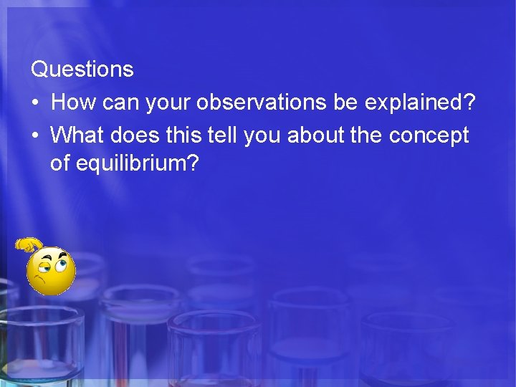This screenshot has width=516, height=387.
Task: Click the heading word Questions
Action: pyautogui.click(x=82, y=70)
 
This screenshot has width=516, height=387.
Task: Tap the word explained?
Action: pyautogui.click(x=420, y=102)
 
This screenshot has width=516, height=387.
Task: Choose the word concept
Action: pyautogui.click(x=428, y=135)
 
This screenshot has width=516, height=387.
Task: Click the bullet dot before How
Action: pyautogui.click(x=35, y=103)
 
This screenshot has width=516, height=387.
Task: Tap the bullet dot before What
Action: pyautogui.click(x=35, y=135)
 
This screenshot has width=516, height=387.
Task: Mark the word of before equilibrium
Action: pyautogui.click(x=59, y=164)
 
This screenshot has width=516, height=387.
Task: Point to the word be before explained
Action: pyautogui.click(x=346, y=102)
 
